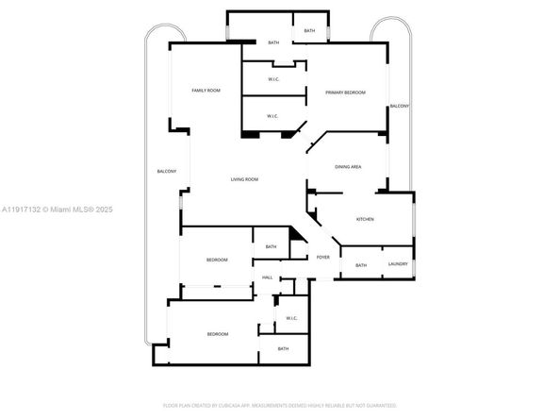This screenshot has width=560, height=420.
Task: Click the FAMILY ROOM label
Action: coord(206,91)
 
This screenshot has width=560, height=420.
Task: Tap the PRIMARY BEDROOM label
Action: coord(345,92)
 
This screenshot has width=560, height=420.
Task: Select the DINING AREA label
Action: coord(348,167)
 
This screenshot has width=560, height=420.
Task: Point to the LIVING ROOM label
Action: coord(245,179)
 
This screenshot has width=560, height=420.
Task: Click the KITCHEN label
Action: coord(365,219)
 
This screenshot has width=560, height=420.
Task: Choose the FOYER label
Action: coord(323,257)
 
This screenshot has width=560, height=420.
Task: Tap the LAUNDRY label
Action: coord(398,264)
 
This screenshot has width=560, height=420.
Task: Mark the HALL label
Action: coord(267,277)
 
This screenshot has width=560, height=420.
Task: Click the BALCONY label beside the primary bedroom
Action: coord(400,106)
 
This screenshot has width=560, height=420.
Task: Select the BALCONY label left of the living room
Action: coord(167,171)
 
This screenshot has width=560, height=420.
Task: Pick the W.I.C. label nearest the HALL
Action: coord(292,318)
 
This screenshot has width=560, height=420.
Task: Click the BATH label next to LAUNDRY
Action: coord(361,265)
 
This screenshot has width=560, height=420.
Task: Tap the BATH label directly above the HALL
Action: coord(271,247)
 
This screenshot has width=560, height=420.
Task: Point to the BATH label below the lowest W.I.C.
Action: coord(283,349)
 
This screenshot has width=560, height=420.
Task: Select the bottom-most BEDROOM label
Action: coord(218,334)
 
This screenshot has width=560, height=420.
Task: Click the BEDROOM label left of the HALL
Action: coord(217,260)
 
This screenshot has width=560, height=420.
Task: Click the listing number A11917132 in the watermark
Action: coord(24,210)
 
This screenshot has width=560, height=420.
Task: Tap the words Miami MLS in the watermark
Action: coord(74,210)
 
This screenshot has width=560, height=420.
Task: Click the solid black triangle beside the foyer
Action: coord(298,251)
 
